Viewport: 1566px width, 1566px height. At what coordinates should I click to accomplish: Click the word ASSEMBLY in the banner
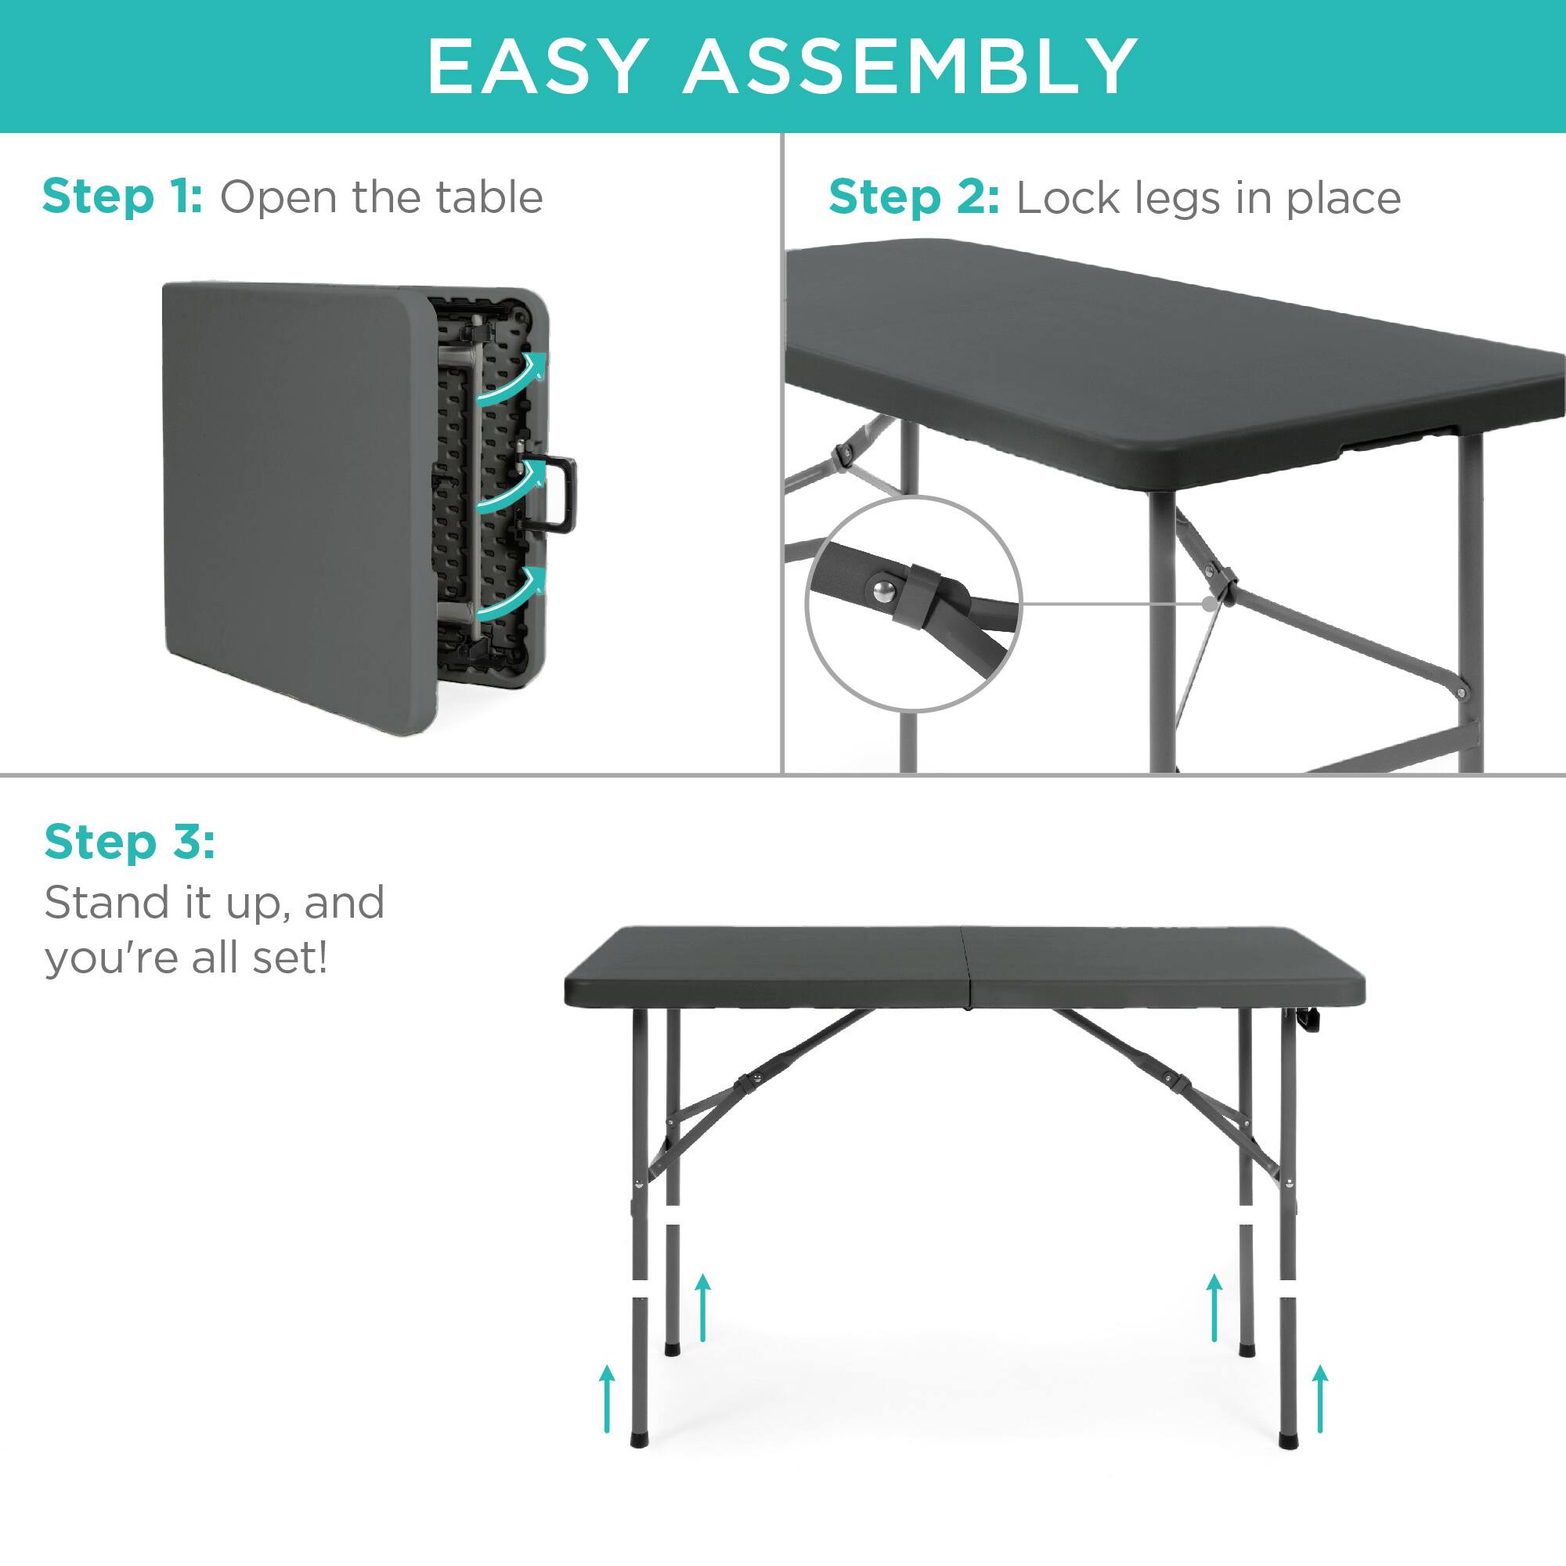pyautogui.click(x=911, y=67)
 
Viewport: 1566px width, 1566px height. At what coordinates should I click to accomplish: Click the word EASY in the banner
pyautogui.click(x=537, y=67)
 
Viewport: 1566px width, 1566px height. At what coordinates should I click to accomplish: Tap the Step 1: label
pyautogui.click(x=122, y=197)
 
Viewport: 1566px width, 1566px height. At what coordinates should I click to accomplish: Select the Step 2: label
pyautogui.click(x=914, y=199)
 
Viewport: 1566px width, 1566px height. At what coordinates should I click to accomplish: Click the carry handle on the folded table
pyautogui.click(x=559, y=493)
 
